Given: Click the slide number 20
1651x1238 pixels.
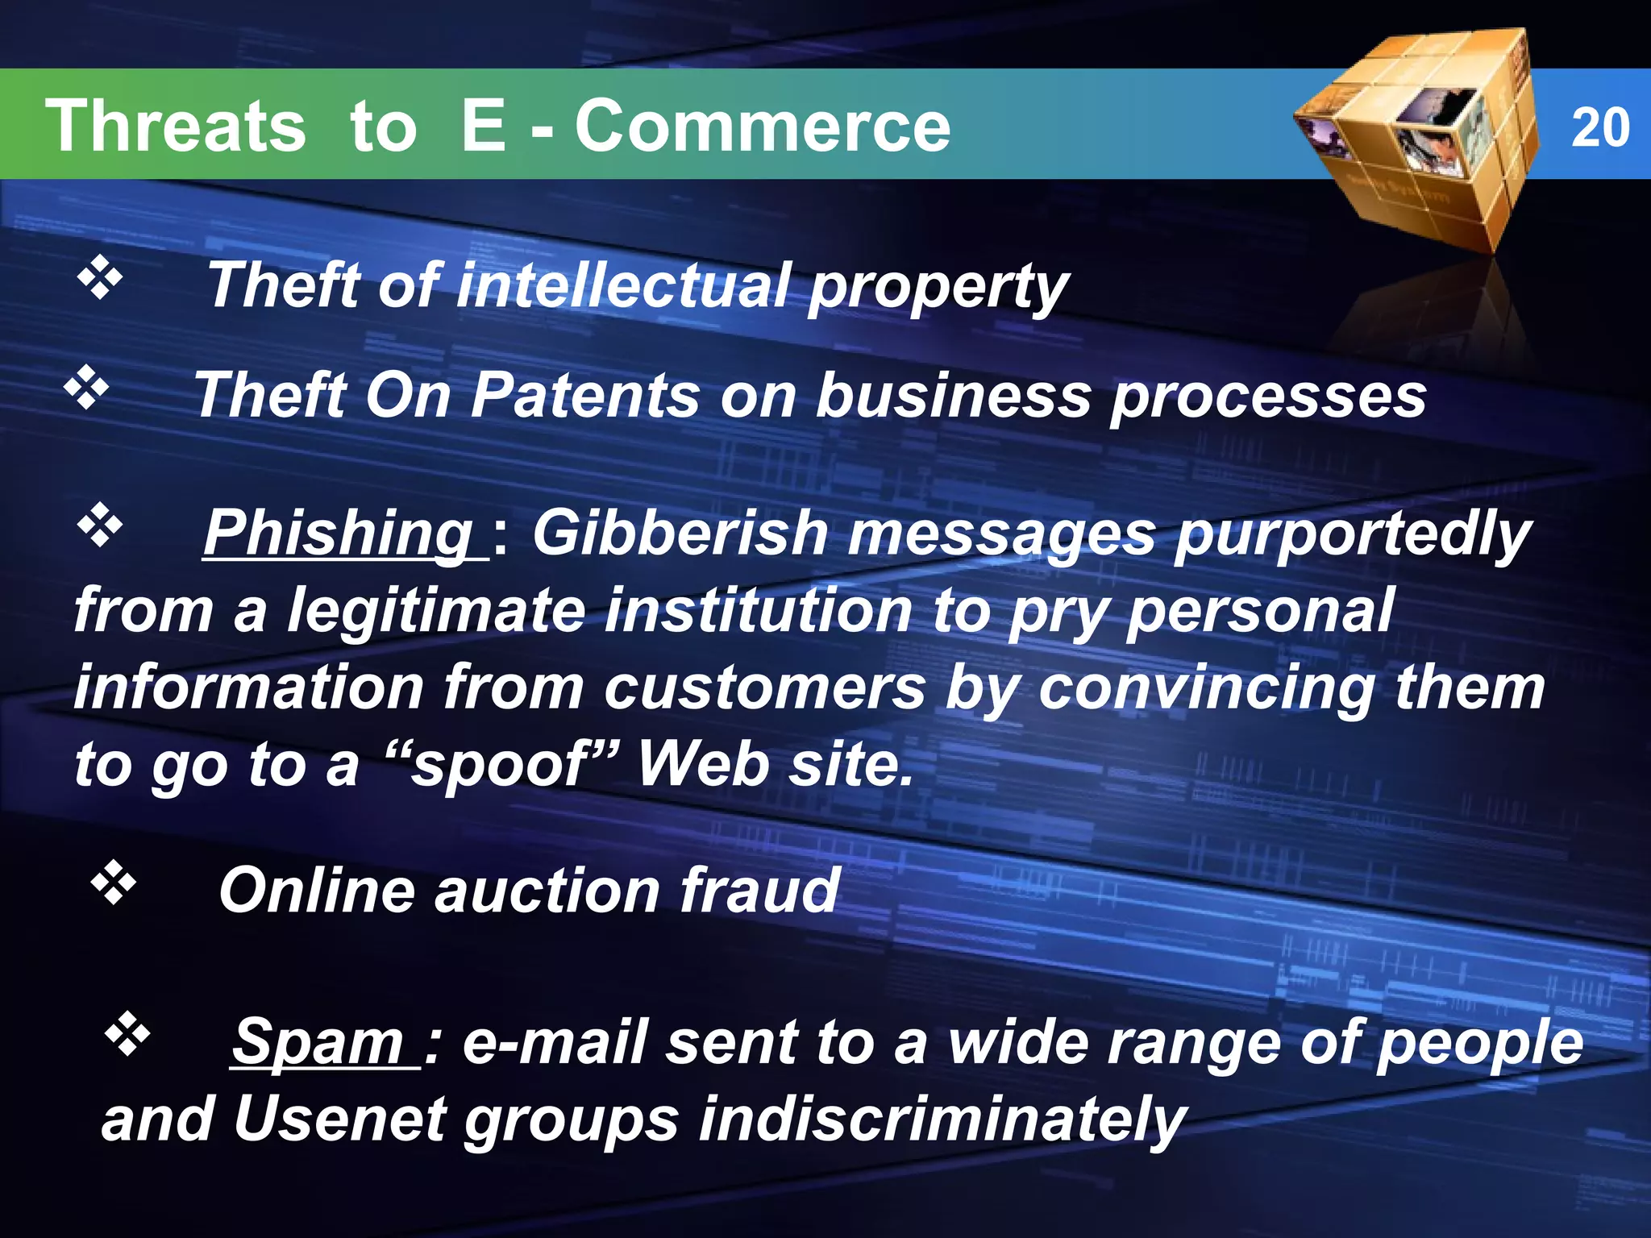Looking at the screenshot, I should [x=1600, y=127].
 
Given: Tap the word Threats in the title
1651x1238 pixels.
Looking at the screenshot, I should [x=176, y=126].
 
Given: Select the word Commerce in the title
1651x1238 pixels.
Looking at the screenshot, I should [x=762, y=126].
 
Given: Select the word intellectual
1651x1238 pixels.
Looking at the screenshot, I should [x=622, y=285].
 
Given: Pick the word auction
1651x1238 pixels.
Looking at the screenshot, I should [x=547, y=891].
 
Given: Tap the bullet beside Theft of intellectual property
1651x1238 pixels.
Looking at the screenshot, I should [x=100, y=279].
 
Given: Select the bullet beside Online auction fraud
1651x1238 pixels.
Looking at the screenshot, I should [x=113, y=883].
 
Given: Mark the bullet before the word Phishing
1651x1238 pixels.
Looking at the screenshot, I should [x=100, y=526].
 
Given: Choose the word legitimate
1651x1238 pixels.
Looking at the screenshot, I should [x=436, y=610].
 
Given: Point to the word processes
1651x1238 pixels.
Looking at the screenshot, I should [x=1268, y=396].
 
